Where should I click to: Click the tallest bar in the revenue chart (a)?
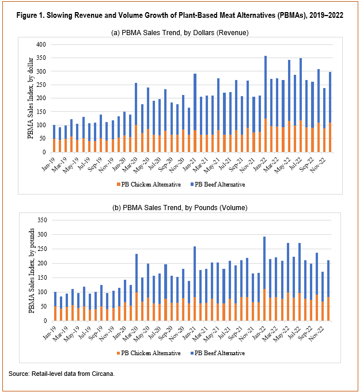(266, 104)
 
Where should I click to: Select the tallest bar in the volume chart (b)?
(264, 279)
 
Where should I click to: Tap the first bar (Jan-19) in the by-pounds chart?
(55, 306)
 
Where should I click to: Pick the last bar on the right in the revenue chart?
(330, 112)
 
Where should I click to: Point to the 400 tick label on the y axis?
(41, 44)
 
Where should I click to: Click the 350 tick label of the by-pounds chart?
(42, 220)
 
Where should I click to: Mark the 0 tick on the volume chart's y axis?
(46, 321)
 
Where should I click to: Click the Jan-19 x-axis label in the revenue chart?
(48, 164)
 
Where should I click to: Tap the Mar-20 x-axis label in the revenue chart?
(130, 165)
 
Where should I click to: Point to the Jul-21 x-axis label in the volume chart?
(224, 333)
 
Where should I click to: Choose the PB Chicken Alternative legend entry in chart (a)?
(149, 185)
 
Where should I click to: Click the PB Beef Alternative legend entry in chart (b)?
(218, 353)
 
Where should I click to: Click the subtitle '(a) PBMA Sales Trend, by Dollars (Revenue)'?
(180, 33)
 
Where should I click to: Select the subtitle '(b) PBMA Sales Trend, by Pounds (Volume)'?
(180, 207)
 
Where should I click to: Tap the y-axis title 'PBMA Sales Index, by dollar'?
(31, 98)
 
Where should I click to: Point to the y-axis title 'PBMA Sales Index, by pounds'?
(31, 271)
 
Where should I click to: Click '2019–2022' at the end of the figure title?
(326, 15)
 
